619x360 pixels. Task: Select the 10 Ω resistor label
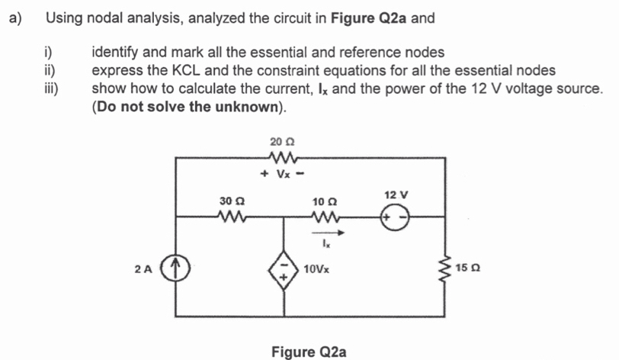tap(324, 201)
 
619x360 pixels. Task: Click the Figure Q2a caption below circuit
tap(309, 351)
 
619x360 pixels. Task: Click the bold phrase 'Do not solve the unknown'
tap(189, 106)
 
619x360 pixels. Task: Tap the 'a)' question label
tap(15, 18)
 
